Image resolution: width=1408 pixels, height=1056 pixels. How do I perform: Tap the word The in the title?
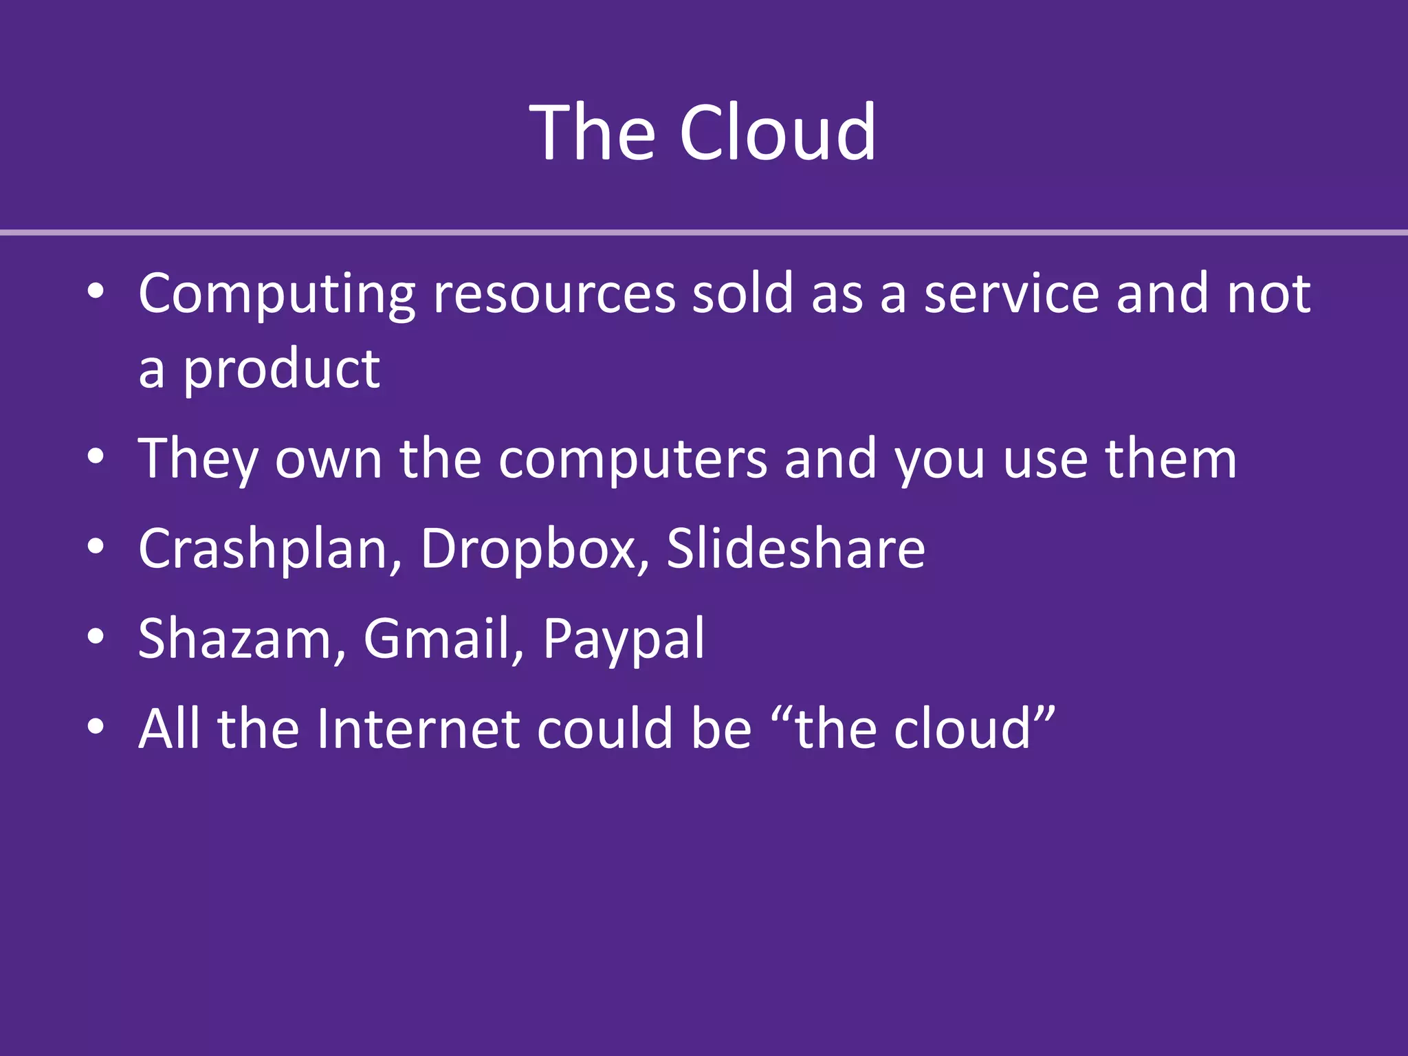pyautogui.click(x=593, y=132)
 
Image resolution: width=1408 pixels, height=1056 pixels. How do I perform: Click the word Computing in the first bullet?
pyautogui.click(x=276, y=294)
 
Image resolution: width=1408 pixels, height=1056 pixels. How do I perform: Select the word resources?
pyautogui.click(x=554, y=294)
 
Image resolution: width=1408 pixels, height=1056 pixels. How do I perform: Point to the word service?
pyautogui.click(x=1011, y=294)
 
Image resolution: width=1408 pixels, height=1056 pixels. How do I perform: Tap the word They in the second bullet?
pyautogui.click(x=198, y=459)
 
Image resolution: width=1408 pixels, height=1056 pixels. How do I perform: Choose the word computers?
pyautogui.click(x=632, y=459)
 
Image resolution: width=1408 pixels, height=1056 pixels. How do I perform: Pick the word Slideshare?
pyautogui.click(x=795, y=549)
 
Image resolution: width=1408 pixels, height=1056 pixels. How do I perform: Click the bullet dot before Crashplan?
pyautogui.click(x=96, y=547)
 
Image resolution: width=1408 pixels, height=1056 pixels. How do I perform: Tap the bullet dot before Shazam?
pyautogui.click(x=96, y=637)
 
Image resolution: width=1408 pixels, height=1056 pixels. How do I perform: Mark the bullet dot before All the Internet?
pyautogui.click(x=96, y=727)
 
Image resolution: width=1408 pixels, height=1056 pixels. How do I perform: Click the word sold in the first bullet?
pyautogui.click(x=742, y=294)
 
